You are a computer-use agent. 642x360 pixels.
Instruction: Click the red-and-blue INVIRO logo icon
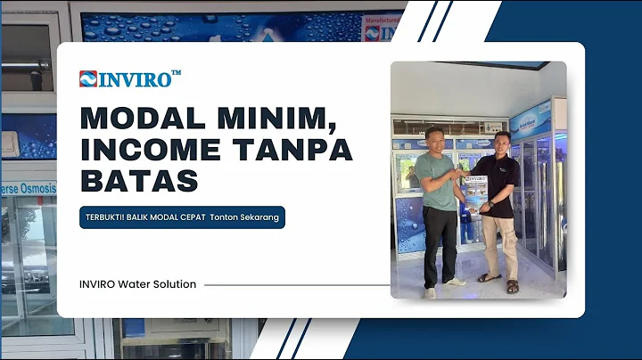(87, 78)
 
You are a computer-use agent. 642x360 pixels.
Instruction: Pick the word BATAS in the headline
(138, 180)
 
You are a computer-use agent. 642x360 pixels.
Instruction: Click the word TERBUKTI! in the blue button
(106, 217)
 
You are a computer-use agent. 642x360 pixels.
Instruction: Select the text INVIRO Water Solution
(137, 284)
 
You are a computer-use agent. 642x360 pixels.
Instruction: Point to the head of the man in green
(434, 138)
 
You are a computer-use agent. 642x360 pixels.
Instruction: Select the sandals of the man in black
(500, 282)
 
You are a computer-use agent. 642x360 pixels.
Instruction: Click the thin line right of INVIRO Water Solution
(294, 285)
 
